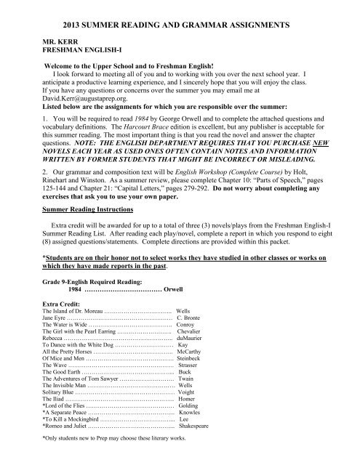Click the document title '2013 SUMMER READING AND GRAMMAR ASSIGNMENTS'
coord(179,25)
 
